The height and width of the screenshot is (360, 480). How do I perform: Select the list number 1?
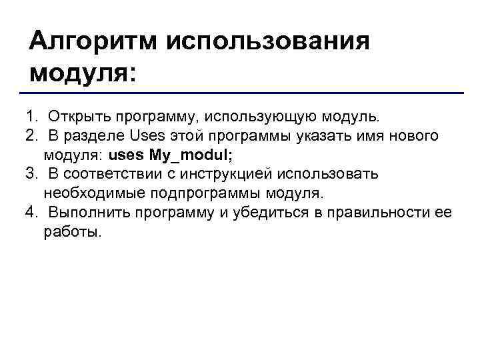pos(31,117)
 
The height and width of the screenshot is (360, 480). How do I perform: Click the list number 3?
pos(31,175)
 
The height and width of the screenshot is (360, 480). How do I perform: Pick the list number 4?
pos(31,213)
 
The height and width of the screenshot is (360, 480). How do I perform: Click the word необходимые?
pos(87,194)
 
